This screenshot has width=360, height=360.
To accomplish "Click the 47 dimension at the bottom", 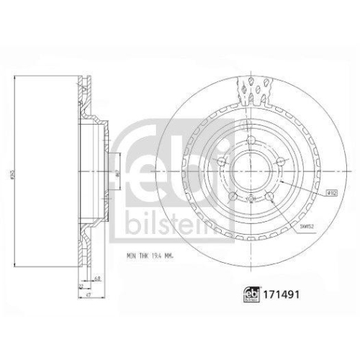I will (87, 296).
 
